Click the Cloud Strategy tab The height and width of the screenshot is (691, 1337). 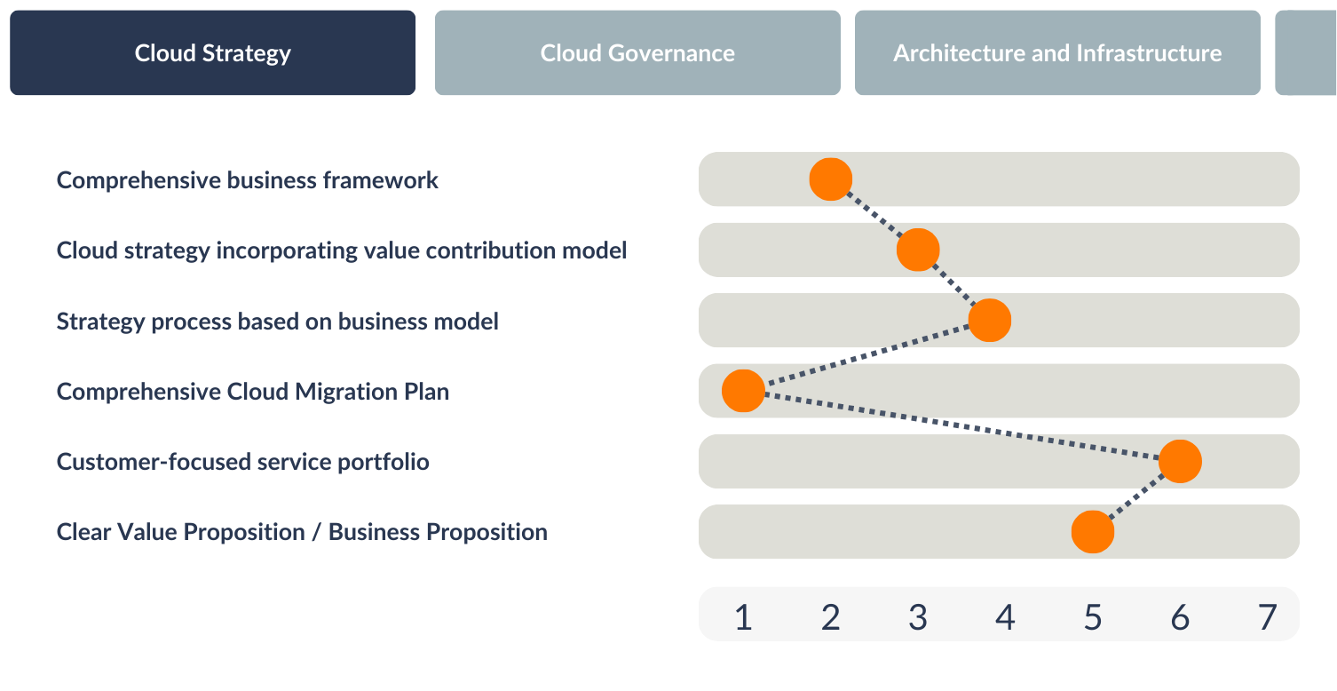click(212, 52)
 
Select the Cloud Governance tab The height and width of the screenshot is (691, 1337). click(637, 52)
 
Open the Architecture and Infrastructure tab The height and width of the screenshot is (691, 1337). click(1057, 52)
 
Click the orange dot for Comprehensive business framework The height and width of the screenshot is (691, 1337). click(830, 179)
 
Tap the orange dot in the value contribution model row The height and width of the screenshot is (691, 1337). click(918, 250)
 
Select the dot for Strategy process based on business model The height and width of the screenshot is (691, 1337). click(990, 320)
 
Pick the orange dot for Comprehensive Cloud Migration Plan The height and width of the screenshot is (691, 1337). click(743, 391)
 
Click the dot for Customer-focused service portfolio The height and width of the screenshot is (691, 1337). click(1180, 461)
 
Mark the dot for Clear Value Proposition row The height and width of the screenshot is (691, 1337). click(1093, 531)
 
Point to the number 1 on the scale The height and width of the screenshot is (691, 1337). click(743, 617)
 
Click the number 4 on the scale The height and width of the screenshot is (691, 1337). click(1005, 617)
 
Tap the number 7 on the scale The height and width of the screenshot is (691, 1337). click(1267, 617)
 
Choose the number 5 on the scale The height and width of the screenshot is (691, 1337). click(1093, 617)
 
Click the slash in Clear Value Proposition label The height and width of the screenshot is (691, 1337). click(316, 532)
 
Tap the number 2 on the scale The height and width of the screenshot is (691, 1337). click(830, 617)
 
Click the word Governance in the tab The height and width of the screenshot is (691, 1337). click(671, 53)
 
